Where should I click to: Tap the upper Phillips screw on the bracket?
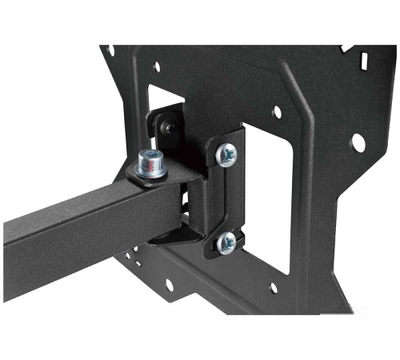tap(227, 154)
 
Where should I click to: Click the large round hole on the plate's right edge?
tap(358, 142)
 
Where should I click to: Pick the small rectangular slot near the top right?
tap(364, 60)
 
